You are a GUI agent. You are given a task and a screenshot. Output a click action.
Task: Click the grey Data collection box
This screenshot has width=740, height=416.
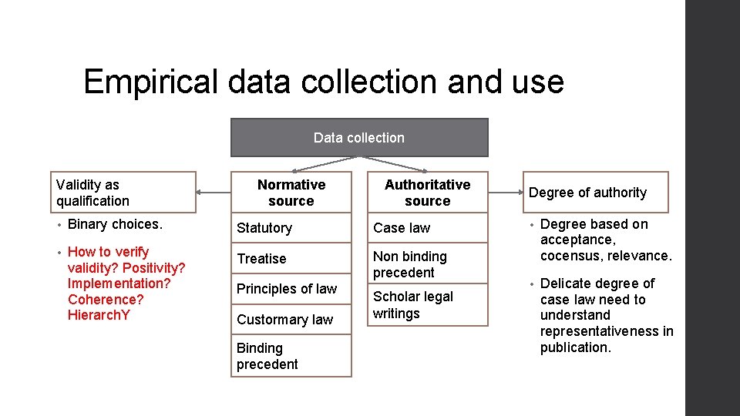click(359, 138)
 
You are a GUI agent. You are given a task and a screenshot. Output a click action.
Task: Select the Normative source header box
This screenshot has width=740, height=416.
click(291, 193)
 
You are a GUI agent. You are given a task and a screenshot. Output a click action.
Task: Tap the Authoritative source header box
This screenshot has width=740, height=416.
click(427, 193)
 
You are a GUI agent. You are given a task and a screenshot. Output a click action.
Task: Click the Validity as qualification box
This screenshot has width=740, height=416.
click(123, 193)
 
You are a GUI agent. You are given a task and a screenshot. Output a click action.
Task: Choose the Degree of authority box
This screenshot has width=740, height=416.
click(595, 193)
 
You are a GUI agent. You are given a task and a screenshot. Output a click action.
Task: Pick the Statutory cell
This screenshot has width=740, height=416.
click(291, 228)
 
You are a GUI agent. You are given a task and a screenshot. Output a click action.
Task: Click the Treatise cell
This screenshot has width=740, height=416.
click(291, 259)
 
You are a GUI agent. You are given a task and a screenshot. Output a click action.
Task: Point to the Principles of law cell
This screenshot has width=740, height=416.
click(291, 289)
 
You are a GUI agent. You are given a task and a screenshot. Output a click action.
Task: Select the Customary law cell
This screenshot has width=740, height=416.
click(291, 319)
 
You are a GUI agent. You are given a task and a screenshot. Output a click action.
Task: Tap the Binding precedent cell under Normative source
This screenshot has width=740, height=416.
click(291, 356)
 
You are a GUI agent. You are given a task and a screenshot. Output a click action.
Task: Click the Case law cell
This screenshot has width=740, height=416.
click(427, 228)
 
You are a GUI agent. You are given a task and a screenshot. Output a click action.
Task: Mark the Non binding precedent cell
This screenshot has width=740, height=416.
click(427, 264)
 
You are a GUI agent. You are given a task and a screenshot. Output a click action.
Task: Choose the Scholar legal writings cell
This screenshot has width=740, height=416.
click(427, 305)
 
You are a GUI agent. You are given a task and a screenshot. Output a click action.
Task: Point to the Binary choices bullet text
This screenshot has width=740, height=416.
click(115, 224)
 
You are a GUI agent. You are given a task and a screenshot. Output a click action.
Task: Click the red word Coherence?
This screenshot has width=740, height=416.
click(106, 299)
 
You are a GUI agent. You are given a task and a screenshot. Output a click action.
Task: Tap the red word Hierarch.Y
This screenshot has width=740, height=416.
click(99, 315)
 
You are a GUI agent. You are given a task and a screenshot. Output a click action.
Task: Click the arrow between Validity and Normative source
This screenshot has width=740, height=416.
click(214, 192)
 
